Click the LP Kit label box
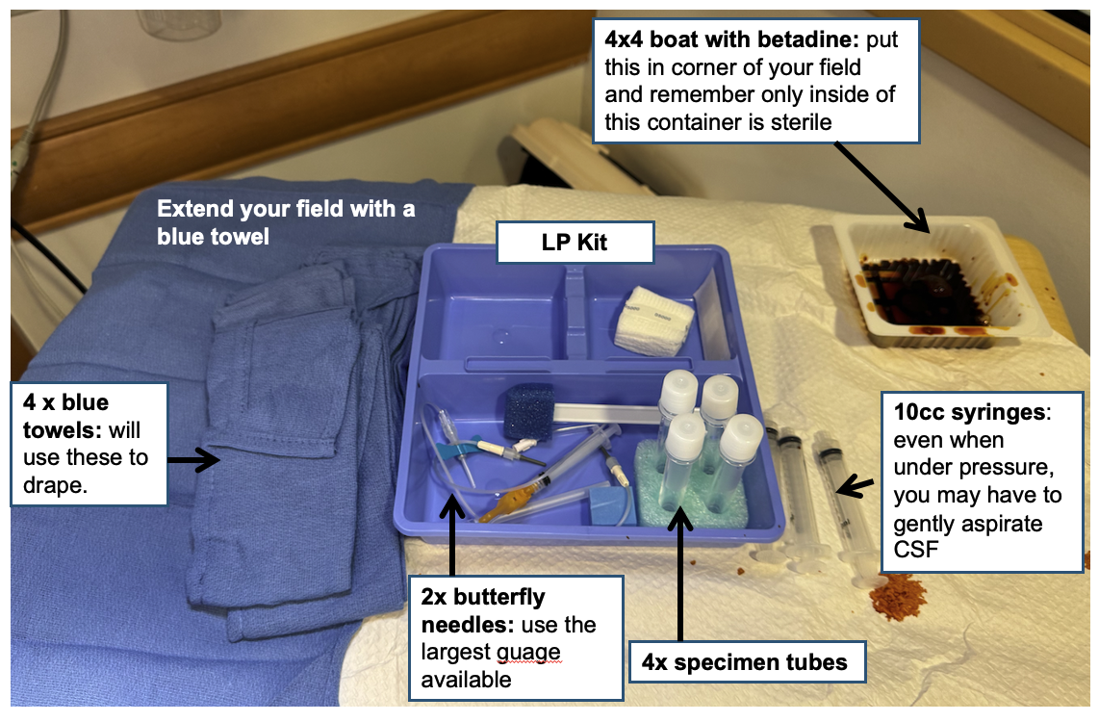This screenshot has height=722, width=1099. tap(575, 243)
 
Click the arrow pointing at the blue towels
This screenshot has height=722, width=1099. tap(193, 460)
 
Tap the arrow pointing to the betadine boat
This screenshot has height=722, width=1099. tap(882, 187)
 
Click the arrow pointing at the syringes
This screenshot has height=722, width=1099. tap(856, 485)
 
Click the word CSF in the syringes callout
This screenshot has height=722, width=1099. tap(915, 549)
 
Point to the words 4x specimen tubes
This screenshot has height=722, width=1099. tap(744, 661)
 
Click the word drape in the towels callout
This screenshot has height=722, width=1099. tap(55, 485)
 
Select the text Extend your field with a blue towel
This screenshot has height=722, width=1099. tap(286, 222)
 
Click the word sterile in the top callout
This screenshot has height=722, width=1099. tap(801, 122)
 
